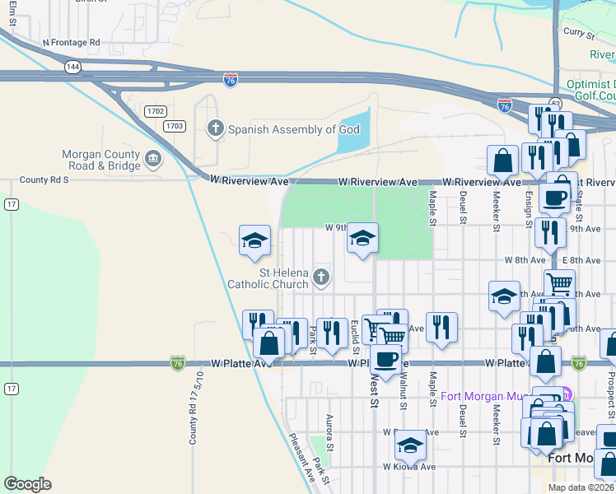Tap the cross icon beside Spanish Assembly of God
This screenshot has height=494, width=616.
pos(216,128)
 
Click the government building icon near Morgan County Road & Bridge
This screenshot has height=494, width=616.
pos(152,157)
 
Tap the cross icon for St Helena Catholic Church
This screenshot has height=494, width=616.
pos(321,278)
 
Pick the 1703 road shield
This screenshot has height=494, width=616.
pos(174,125)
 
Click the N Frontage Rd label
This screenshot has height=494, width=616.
pos(70,41)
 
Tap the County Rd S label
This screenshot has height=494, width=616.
pos(45,179)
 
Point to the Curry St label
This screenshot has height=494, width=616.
pos(579,33)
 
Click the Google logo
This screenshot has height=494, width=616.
pos(27,484)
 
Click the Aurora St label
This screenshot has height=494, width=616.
pos(328,433)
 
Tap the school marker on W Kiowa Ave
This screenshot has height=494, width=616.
pos(409,445)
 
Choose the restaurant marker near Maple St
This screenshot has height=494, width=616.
pos(442,327)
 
